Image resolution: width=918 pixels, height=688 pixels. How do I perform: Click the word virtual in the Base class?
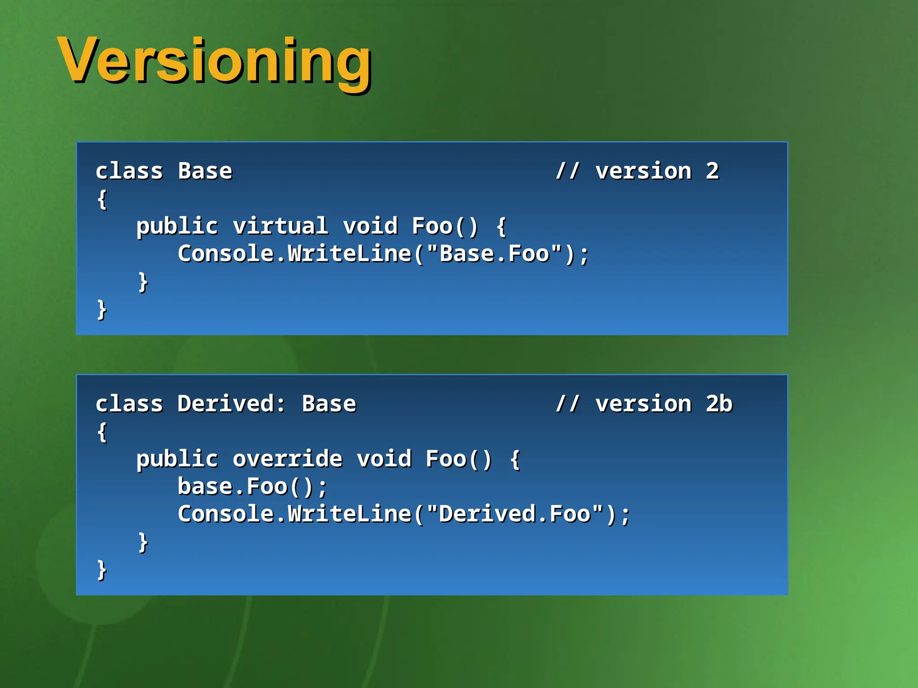point(280,226)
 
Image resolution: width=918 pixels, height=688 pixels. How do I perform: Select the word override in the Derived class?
point(287,459)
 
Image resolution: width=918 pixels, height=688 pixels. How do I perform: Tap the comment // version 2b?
point(644,404)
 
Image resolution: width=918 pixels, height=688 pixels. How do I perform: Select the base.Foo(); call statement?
point(252,486)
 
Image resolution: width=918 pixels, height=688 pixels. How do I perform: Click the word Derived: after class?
point(231,404)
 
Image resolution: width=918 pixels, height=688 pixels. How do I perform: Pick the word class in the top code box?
point(129,171)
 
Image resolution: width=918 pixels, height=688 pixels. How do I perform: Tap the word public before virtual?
point(177,226)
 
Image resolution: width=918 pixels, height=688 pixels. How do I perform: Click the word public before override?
point(177,459)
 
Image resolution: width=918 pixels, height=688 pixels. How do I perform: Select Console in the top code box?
point(226,254)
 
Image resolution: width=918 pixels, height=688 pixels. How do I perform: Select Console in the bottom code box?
point(226,514)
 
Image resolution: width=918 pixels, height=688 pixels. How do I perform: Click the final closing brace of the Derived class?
point(102,570)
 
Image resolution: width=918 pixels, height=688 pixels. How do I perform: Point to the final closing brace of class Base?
point(102,310)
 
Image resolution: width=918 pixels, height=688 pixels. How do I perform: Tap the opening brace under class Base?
point(102,199)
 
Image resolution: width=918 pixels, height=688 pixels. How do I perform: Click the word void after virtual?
point(370,226)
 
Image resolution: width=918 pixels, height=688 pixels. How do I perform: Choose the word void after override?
point(384,459)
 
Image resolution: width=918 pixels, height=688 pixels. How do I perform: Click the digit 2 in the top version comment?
point(712,171)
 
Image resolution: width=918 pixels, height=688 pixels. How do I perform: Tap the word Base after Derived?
point(329,404)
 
